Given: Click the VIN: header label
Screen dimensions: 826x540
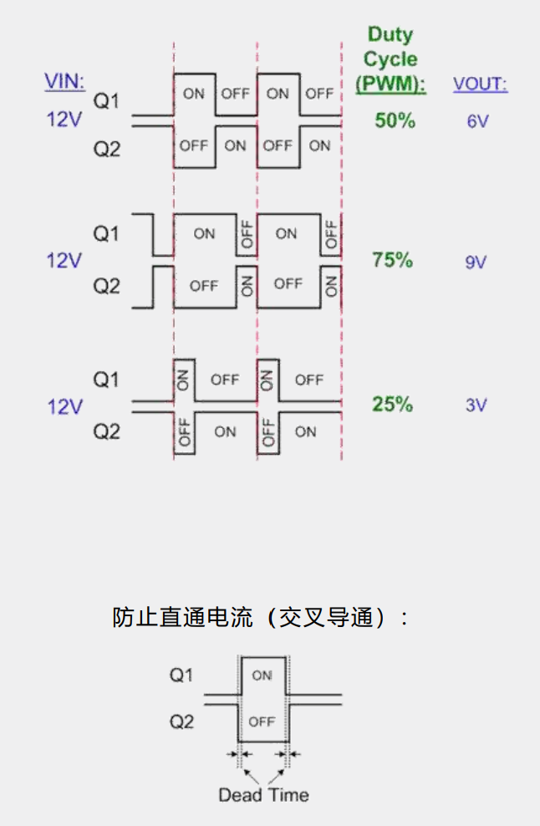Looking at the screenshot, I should (x=64, y=81).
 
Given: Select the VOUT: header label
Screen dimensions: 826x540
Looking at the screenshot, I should (x=481, y=84).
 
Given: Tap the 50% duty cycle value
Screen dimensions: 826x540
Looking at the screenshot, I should (x=395, y=120).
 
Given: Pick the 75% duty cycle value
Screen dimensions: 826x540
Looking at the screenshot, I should (x=393, y=260).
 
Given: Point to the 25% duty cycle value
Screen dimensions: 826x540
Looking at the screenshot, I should (x=393, y=405).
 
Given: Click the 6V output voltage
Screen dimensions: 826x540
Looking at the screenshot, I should (x=477, y=121).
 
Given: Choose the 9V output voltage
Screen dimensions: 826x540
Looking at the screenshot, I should (x=476, y=262).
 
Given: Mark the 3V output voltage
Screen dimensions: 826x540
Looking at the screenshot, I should (x=476, y=405).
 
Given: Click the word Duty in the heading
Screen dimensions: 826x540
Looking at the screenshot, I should (x=390, y=36).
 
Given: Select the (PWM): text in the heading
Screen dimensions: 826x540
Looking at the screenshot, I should (x=390, y=84).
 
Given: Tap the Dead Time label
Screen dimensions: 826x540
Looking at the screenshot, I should (x=263, y=795).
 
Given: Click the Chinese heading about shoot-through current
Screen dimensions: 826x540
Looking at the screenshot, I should (x=261, y=618).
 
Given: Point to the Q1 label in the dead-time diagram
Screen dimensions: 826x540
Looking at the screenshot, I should (x=181, y=675).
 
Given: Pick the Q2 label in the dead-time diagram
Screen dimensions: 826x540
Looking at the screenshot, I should (x=181, y=721).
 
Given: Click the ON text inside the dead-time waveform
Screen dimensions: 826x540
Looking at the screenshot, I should (x=262, y=676).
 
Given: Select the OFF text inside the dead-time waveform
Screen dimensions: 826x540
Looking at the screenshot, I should (x=262, y=721).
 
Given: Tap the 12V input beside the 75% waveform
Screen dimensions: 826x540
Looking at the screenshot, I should (x=64, y=261).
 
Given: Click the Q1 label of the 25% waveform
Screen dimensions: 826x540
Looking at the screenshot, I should (x=106, y=380).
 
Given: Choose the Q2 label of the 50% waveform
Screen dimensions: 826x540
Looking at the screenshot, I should (x=106, y=150).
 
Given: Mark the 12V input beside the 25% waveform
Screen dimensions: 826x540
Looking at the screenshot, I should (x=64, y=406).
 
